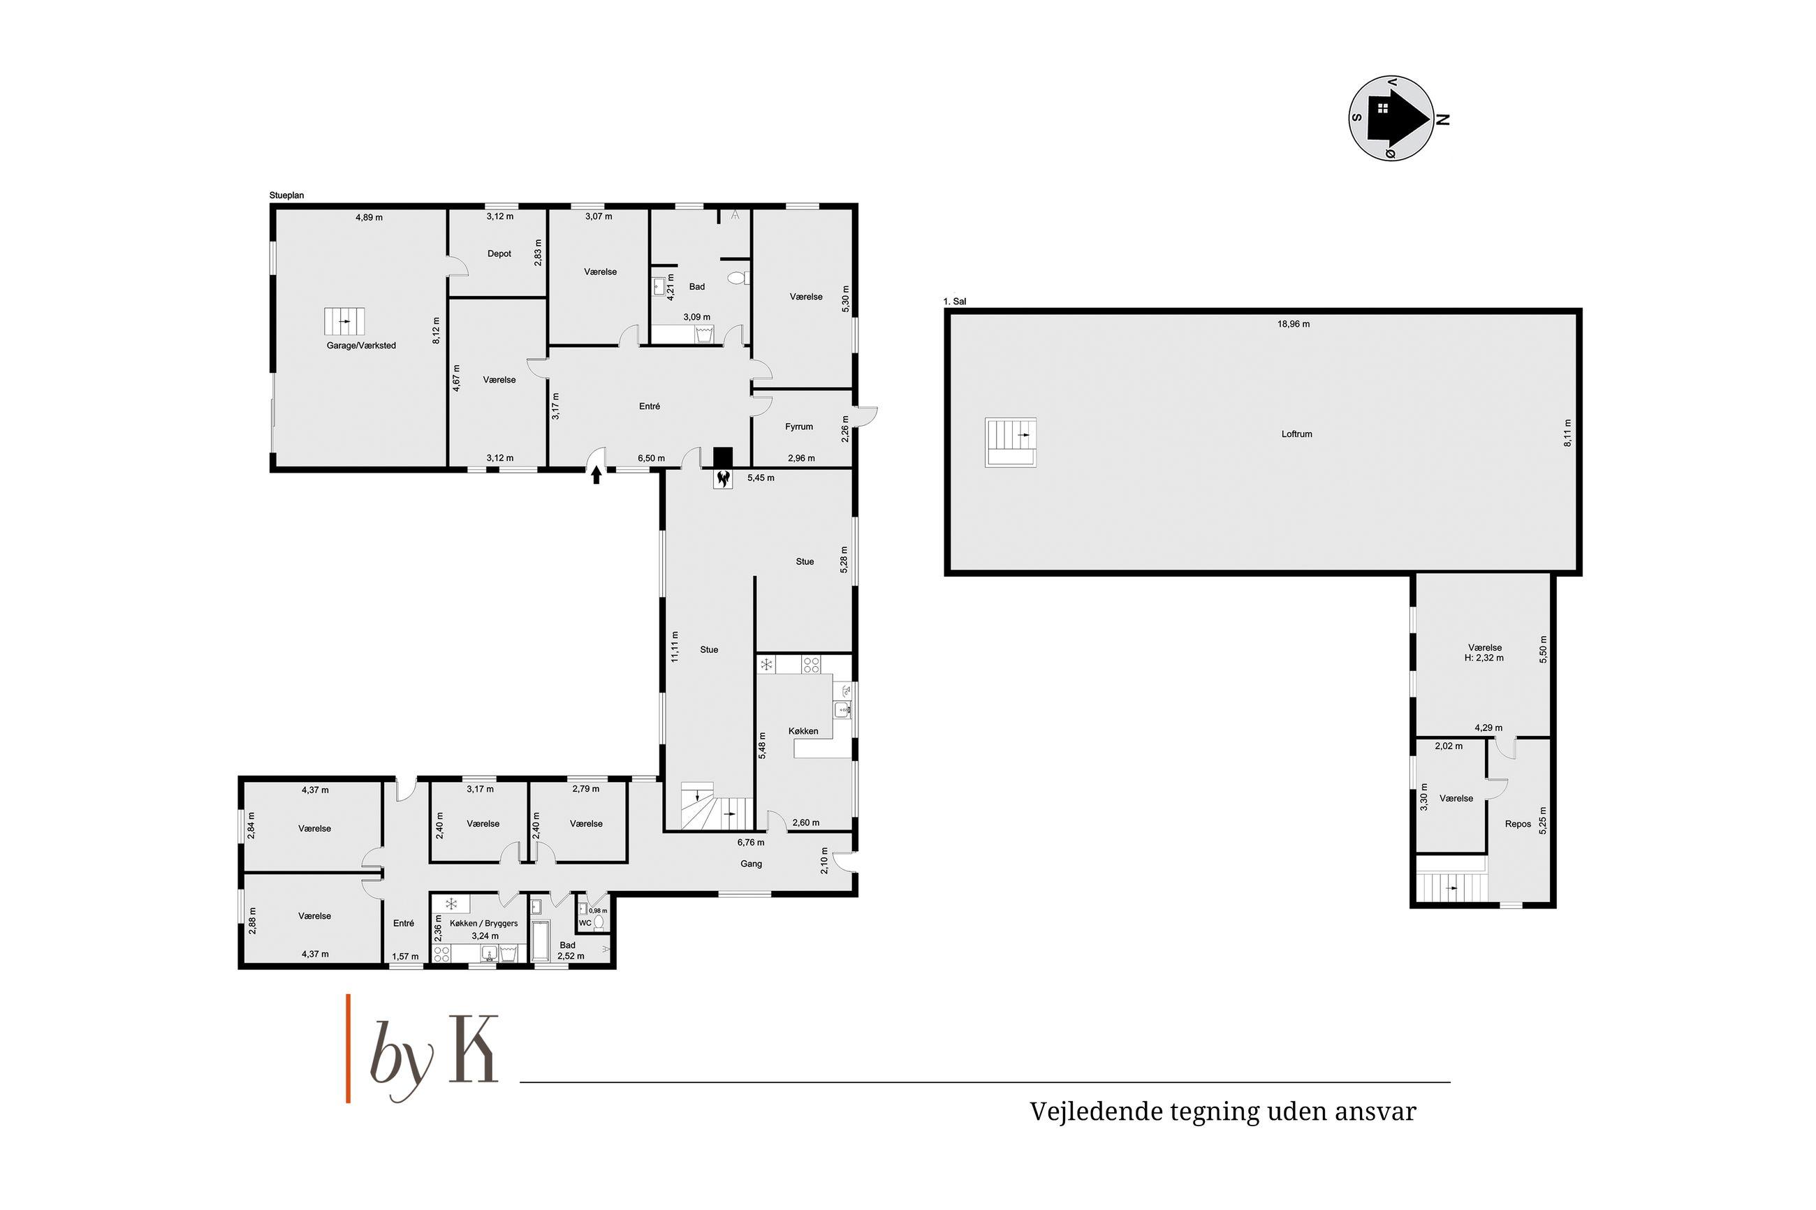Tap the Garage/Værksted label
361,346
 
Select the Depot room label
499,254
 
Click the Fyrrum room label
799,427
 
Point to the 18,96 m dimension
1294,324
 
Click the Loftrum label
1296,434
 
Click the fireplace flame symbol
723,479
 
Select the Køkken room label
803,731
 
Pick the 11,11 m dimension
675,646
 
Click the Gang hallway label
751,864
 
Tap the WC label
585,923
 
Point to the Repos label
1517,824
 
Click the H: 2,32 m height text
1484,658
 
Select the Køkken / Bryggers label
484,923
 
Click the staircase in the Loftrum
1010,442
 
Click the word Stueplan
286,195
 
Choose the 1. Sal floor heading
955,302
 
